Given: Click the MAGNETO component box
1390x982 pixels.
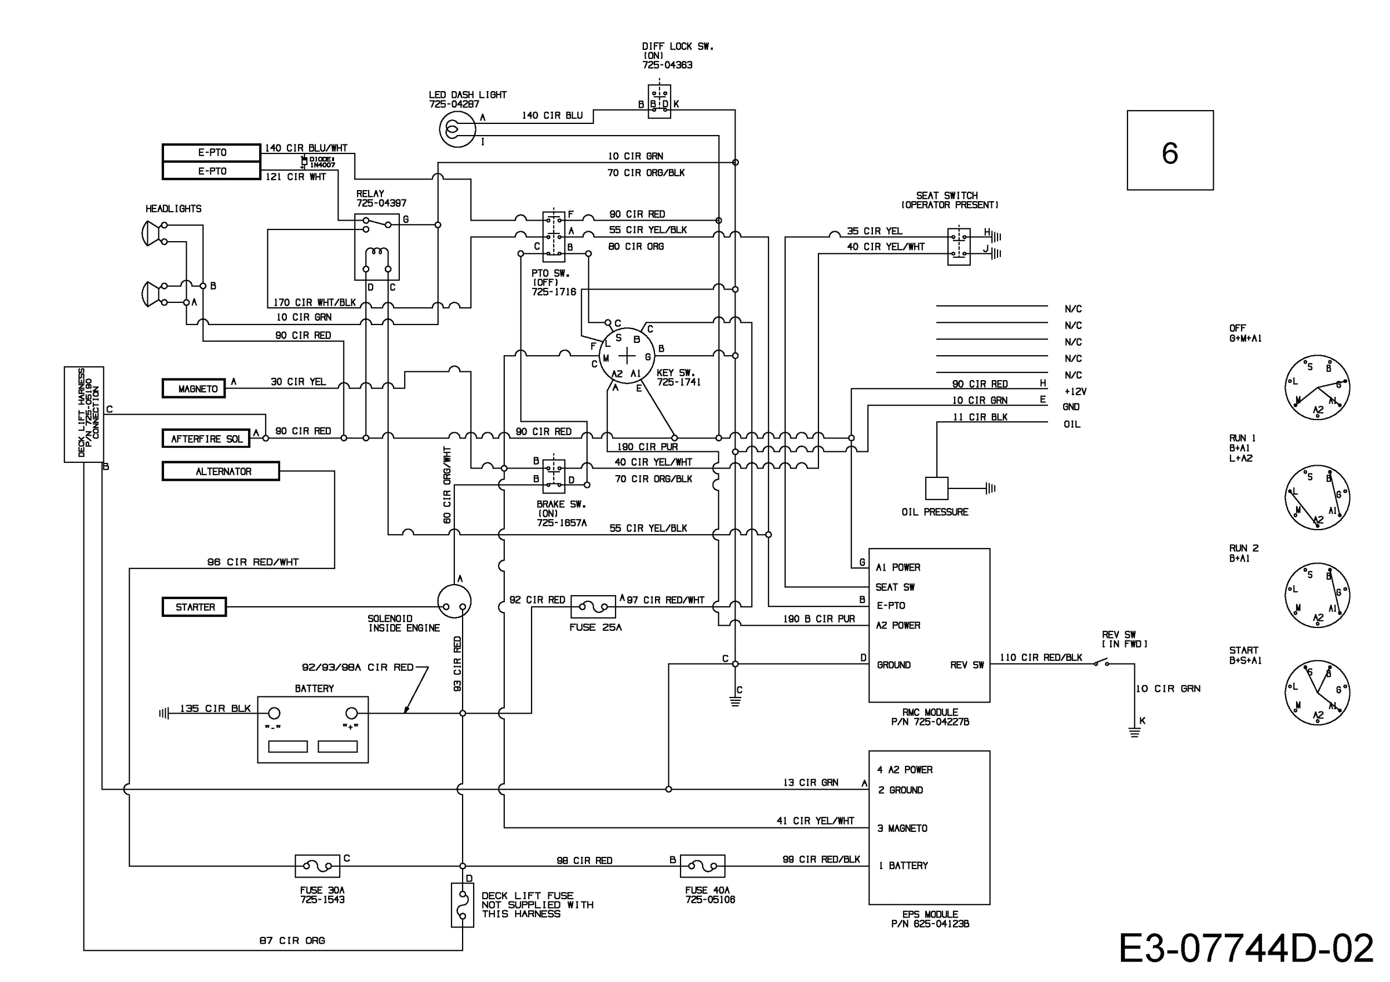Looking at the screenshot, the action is (x=193, y=388).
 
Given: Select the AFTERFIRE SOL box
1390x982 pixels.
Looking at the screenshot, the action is (x=206, y=438).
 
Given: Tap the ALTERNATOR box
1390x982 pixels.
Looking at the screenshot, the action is (x=221, y=471).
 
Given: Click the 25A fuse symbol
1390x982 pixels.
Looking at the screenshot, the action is (x=593, y=606).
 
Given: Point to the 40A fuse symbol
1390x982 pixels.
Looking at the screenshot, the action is (x=702, y=866).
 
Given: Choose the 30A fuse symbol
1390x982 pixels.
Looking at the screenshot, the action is (x=317, y=866).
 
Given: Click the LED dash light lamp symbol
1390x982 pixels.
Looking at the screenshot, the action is (x=457, y=129).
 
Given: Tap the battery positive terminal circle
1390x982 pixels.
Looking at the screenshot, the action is (x=352, y=714).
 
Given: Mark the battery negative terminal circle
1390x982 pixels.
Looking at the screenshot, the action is (x=274, y=714).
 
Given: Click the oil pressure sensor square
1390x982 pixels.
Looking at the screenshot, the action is (x=936, y=488).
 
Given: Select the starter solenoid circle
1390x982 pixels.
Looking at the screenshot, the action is (x=454, y=601).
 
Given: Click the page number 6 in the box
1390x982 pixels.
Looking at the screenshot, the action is (x=1170, y=152).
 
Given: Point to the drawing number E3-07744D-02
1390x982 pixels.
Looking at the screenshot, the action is (x=1246, y=948).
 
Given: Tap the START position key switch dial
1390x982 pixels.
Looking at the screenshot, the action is (x=1317, y=693).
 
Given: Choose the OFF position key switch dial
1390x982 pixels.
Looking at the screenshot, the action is (x=1317, y=387).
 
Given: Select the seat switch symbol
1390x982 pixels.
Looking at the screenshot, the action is (x=959, y=246).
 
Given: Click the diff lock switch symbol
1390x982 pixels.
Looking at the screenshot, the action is (x=659, y=101).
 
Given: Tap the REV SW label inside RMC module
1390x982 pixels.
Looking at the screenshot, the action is (x=967, y=665).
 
